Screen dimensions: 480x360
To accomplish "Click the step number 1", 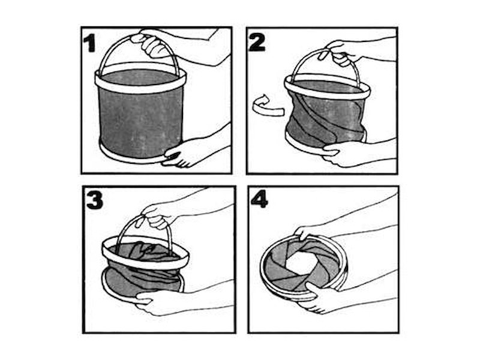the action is pos(89,43).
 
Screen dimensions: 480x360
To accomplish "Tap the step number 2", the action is pos(257,42).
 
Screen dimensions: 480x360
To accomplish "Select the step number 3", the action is pos(94,200).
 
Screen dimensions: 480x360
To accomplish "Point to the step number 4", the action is pos(259,200).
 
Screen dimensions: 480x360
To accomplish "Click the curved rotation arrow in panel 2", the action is pos(267,107).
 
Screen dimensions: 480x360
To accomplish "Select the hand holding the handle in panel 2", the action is pos(340,54).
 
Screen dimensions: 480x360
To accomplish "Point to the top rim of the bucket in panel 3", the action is pos(146,262).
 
